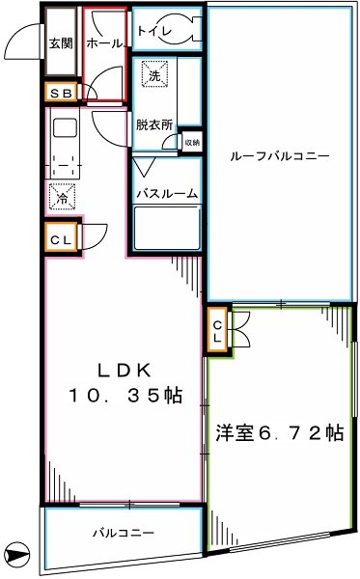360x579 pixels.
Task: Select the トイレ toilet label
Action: click(x=153, y=32)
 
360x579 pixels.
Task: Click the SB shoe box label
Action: click(x=60, y=93)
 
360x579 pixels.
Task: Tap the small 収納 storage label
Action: click(x=192, y=143)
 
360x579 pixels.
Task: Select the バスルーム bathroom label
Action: click(x=166, y=193)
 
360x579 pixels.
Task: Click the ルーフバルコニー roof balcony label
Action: click(x=280, y=155)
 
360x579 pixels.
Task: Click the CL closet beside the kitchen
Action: click(x=60, y=237)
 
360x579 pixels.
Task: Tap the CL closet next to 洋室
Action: click(x=218, y=332)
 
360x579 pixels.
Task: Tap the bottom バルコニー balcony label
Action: click(x=124, y=533)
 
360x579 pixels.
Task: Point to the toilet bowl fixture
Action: click(x=182, y=29)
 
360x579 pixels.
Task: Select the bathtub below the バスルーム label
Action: click(x=165, y=232)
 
